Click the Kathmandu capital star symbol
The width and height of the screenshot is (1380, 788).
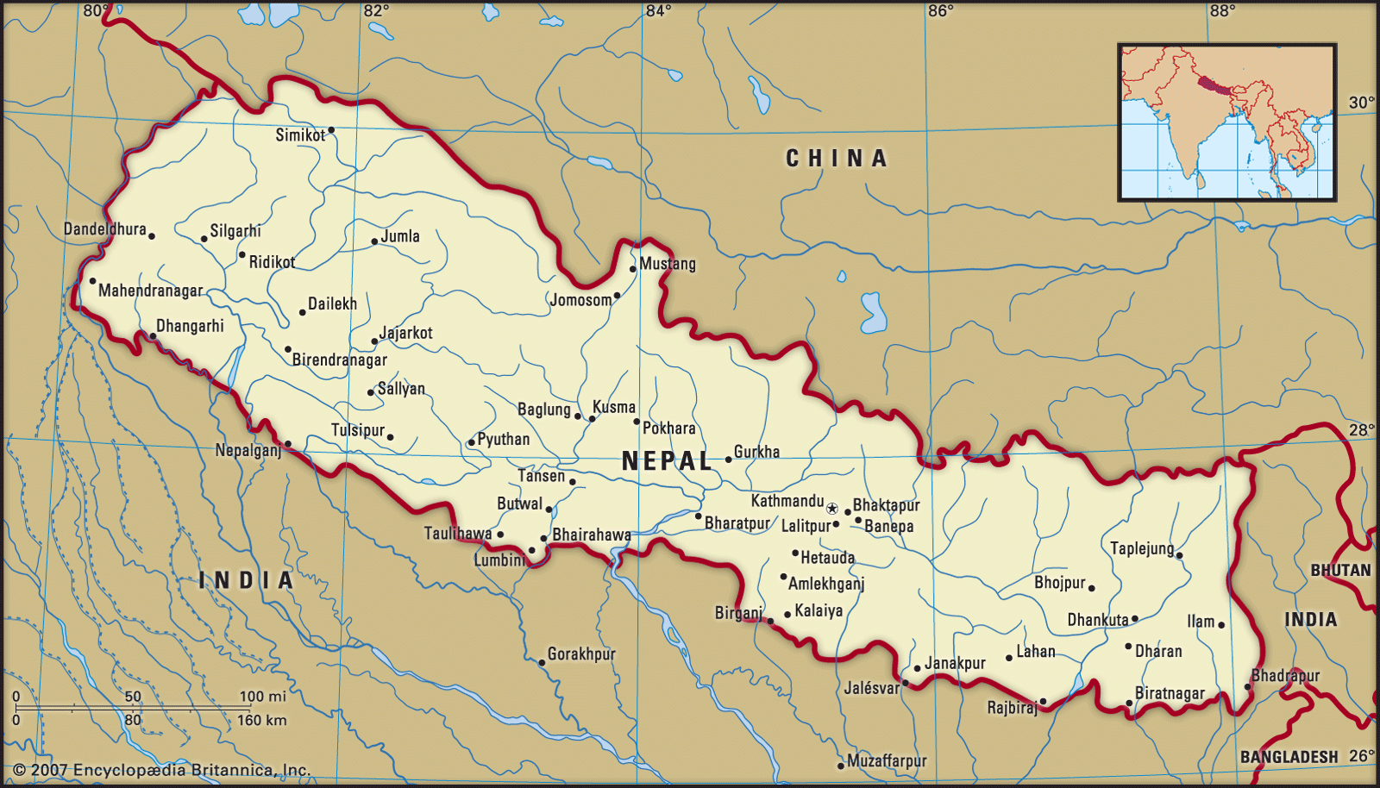pyautogui.click(x=832, y=509)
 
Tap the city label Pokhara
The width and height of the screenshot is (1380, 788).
pyautogui.click(x=668, y=428)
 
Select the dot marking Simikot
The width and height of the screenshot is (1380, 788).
pyautogui.click(x=331, y=130)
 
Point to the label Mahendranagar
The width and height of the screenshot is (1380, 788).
pyautogui.click(x=150, y=291)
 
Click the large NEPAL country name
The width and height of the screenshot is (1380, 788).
pyautogui.click(x=667, y=461)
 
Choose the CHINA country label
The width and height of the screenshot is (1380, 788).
pyautogui.click(x=836, y=159)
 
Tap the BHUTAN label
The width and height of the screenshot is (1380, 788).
pyautogui.click(x=1340, y=571)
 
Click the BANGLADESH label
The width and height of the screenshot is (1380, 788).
pyautogui.click(x=1289, y=757)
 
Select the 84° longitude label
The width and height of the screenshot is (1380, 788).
pyautogui.click(x=658, y=11)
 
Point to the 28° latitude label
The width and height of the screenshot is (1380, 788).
pyautogui.click(x=1362, y=430)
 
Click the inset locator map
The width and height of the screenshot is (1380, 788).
pyautogui.click(x=1226, y=122)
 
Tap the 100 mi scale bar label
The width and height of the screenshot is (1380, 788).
pyautogui.click(x=262, y=697)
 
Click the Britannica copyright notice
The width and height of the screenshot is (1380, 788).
pyautogui.click(x=162, y=770)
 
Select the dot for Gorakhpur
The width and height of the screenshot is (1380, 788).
pyautogui.click(x=542, y=663)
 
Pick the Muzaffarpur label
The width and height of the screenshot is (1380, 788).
pyautogui.click(x=887, y=761)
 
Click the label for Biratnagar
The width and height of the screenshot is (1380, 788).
pyautogui.click(x=1170, y=693)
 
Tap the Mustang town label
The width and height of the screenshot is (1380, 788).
pyautogui.click(x=667, y=264)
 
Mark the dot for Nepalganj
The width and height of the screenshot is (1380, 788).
pyautogui.click(x=288, y=444)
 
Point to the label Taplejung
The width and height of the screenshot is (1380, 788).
pyautogui.click(x=1142, y=548)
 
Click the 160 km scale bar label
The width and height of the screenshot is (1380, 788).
pyautogui.click(x=261, y=720)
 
